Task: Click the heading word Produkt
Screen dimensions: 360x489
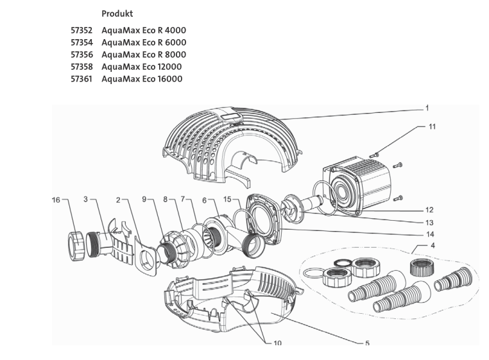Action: coord(117,13)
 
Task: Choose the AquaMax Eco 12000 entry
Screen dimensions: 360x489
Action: coord(141,67)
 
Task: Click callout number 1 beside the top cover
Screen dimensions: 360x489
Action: coord(427,108)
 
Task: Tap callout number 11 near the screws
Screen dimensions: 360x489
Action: coord(432,126)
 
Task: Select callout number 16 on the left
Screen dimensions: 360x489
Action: coord(56,200)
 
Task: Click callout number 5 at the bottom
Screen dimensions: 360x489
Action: coord(367,343)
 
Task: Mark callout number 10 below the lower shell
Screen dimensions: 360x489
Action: coord(277,343)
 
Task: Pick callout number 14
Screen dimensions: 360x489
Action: coord(429,234)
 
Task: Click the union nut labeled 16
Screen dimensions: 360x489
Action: coord(76,244)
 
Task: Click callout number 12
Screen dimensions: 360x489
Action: coord(429,210)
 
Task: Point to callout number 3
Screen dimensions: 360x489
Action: coord(85,200)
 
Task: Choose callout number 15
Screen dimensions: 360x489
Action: coord(227,200)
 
